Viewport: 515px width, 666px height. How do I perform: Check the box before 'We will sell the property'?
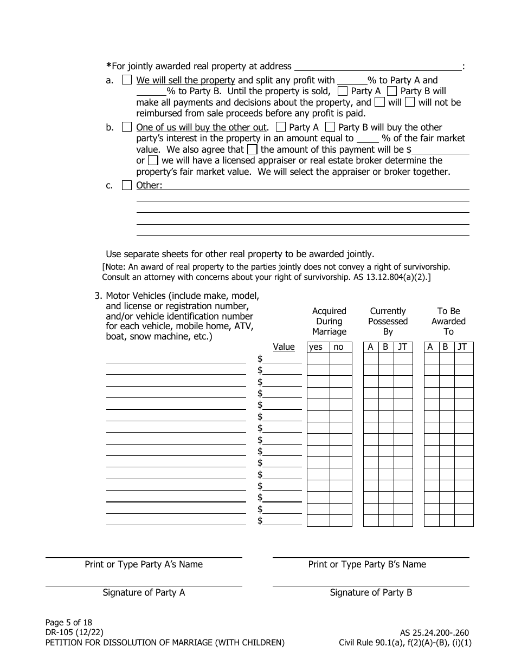[126, 80]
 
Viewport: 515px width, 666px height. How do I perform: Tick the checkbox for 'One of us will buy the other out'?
[126, 127]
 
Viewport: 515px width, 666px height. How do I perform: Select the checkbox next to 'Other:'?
[126, 185]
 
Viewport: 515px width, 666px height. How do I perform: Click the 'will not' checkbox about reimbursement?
[410, 102]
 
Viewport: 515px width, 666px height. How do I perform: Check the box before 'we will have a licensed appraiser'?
[153, 160]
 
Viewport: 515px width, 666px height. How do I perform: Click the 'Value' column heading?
[284, 347]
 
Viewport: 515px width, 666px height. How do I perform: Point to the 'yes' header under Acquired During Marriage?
[316, 347]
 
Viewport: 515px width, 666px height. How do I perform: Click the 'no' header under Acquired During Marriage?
[339, 347]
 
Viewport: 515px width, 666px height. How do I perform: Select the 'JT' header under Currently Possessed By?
[402, 347]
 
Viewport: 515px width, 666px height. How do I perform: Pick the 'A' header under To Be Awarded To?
[430, 347]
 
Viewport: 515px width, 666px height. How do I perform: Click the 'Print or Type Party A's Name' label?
[144, 564]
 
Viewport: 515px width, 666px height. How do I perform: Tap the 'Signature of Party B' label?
[371, 592]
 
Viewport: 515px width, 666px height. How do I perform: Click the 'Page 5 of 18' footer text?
[69, 622]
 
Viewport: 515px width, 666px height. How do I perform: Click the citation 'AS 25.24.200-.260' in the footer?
[434, 632]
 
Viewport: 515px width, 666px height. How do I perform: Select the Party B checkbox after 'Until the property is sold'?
[391, 91]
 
